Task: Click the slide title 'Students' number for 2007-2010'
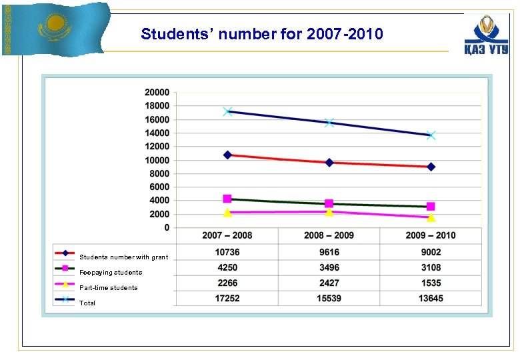pyautogui.click(x=262, y=34)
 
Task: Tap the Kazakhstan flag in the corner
pyautogui.click(x=56, y=28)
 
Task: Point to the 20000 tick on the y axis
pyautogui.click(x=157, y=92)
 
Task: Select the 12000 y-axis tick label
pyautogui.click(x=157, y=146)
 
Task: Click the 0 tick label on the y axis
pyautogui.click(x=166, y=227)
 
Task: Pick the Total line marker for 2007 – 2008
pyautogui.click(x=227, y=111)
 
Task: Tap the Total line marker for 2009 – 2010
pyautogui.click(x=431, y=135)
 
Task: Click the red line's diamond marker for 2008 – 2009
pyautogui.click(x=329, y=162)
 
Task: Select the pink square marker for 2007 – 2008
pyautogui.click(x=227, y=199)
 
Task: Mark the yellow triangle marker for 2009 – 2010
pyautogui.click(x=431, y=217)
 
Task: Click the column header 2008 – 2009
pyautogui.click(x=329, y=235)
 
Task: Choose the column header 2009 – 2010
pyautogui.click(x=431, y=235)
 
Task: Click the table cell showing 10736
pyautogui.click(x=227, y=252)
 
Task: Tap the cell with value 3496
pyautogui.click(x=329, y=267)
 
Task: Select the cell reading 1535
pyautogui.click(x=431, y=283)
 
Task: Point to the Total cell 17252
pyautogui.click(x=227, y=298)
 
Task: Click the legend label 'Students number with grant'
pyautogui.click(x=123, y=257)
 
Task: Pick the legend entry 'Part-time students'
pyautogui.click(x=108, y=287)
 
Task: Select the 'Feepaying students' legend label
pyautogui.click(x=110, y=272)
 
